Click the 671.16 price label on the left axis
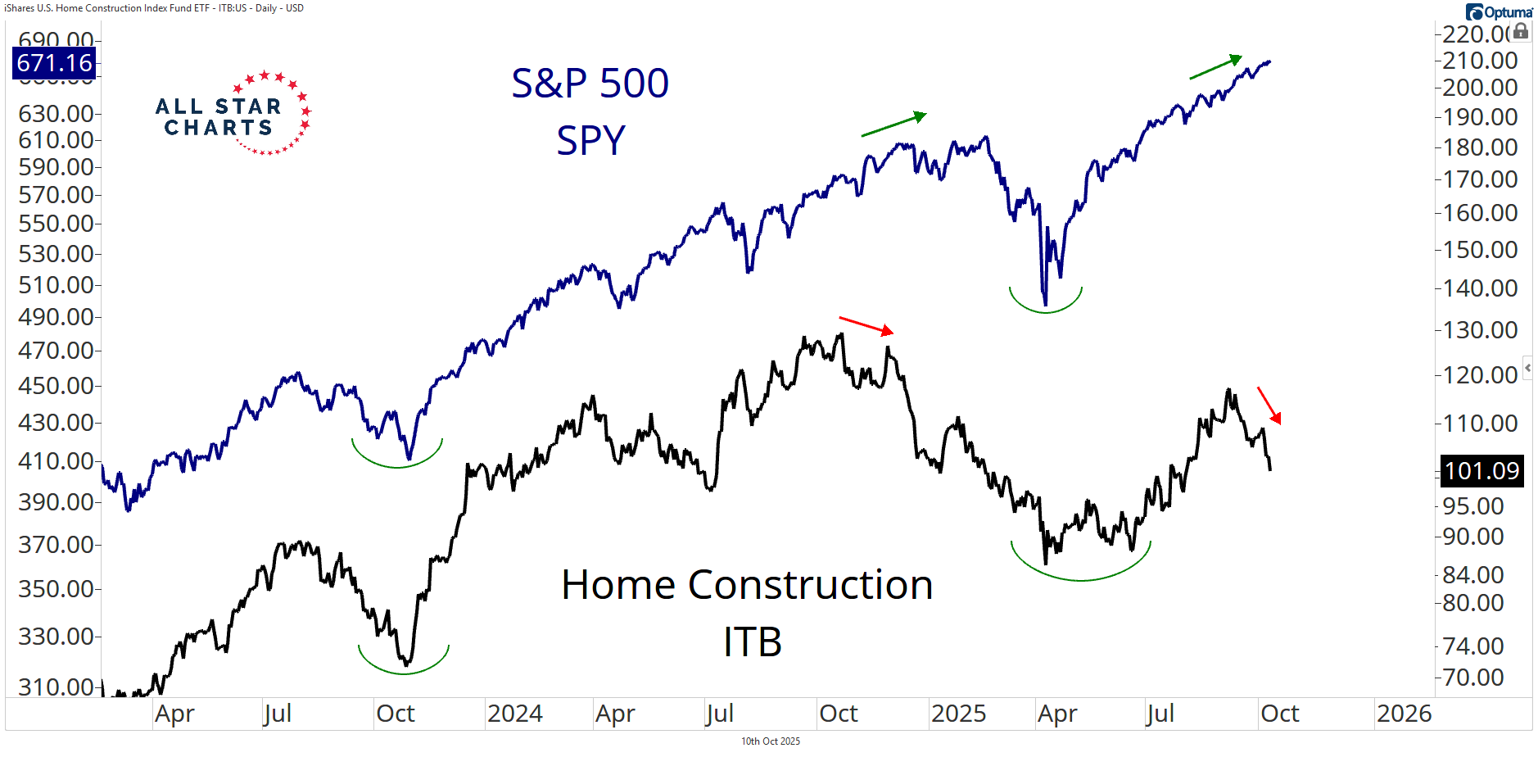(55, 63)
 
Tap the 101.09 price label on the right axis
(1481, 471)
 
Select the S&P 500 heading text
(590, 84)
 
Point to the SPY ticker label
(590, 141)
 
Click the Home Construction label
(747, 585)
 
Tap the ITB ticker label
(752, 641)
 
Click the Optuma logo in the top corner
(1499, 11)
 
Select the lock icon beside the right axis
(1521, 31)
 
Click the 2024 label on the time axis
(514, 714)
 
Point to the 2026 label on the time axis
(1404, 714)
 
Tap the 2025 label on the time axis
(958, 714)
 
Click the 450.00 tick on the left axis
(56, 385)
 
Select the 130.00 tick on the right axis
(1480, 330)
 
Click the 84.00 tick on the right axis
(1472, 575)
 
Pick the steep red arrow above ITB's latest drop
(1269, 406)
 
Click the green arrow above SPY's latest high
(1216, 67)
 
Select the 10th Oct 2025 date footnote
(770, 741)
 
